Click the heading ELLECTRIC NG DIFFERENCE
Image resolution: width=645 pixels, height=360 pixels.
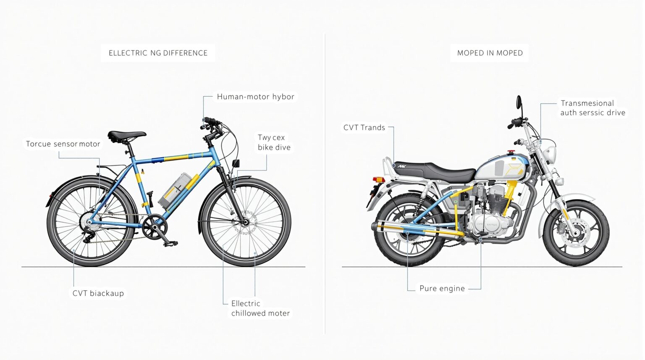(x=158, y=53)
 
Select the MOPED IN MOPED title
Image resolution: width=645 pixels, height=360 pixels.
(x=490, y=53)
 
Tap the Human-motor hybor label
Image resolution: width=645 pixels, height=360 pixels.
(x=255, y=97)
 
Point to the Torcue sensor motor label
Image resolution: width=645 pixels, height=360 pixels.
(x=63, y=144)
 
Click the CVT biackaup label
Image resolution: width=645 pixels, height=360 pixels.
(x=98, y=293)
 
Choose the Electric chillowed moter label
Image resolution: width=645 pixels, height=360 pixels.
(x=260, y=308)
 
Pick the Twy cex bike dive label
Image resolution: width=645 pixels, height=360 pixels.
(x=274, y=142)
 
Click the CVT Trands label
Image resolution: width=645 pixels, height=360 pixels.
(x=364, y=127)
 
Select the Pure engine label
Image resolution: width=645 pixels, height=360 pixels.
(x=442, y=288)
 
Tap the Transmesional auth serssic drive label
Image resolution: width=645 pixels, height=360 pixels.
(x=593, y=108)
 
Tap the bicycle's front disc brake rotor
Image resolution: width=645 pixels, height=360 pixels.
(x=245, y=222)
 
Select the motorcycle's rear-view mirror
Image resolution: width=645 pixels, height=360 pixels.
(x=519, y=102)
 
